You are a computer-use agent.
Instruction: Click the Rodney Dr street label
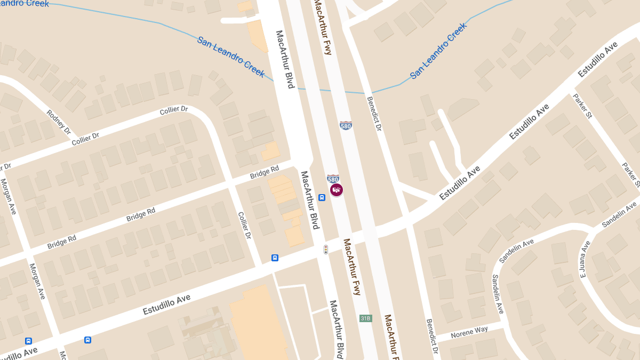pyautogui.click(x=59, y=122)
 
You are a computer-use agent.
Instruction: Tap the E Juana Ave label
pyautogui.click(x=585, y=259)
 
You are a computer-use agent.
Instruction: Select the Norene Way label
pyautogui.click(x=469, y=332)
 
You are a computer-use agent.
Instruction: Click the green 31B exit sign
pyautogui.click(x=365, y=318)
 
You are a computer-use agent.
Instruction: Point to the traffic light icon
pyautogui.click(x=325, y=249)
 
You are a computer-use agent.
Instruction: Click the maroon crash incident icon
pyautogui.click(x=336, y=189)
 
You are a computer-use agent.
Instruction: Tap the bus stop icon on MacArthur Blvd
pyautogui.click(x=322, y=197)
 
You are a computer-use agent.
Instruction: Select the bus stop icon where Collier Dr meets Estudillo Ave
pyautogui.click(x=275, y=258)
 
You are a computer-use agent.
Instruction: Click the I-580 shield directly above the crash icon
pyautogui.click(x=333, y=178)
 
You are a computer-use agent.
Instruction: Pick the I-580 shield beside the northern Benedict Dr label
pyautogui.click(x=346, y=125)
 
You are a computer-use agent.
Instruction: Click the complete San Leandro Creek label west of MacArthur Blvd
pyautogui.click(x=231, y=57)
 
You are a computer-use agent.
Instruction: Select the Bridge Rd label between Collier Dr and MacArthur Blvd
pyautogui.click(x=265, y=173)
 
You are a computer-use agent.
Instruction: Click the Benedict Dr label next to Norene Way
pyautogui.click(x=431, y=336)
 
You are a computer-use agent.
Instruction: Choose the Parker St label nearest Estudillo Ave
pyautogui.click(x=582, y=106)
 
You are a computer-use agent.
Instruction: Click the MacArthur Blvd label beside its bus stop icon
pyautogui.click(x=309, y=200)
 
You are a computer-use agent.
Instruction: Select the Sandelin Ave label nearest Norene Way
pyautogui.click(x=498, y=294)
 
